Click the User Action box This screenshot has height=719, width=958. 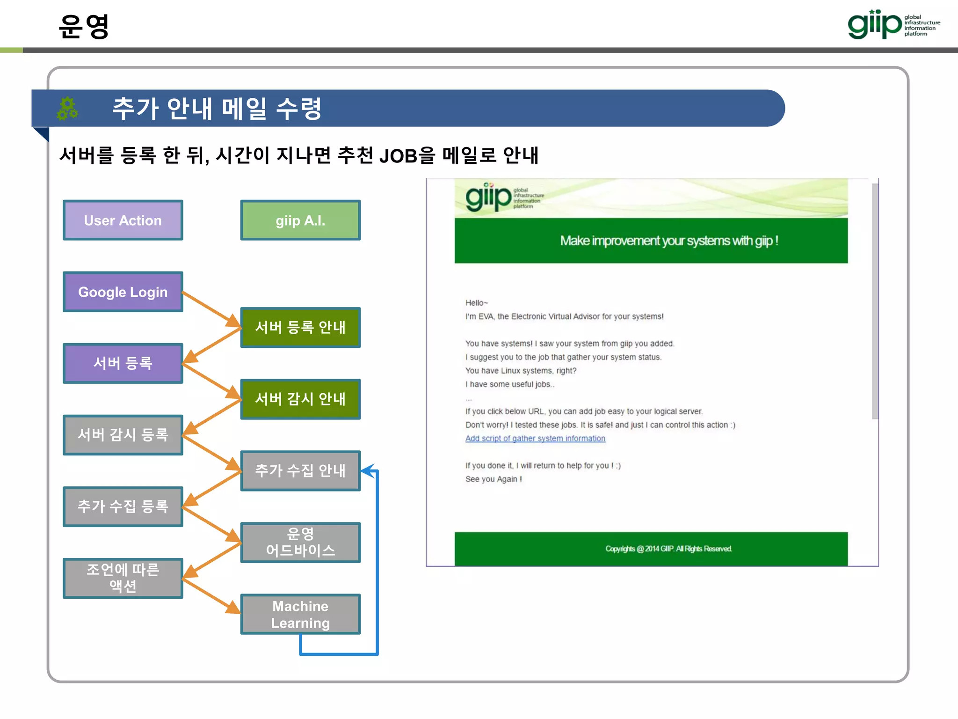[x=123, y=220]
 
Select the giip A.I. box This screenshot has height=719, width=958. [x=300, y=220]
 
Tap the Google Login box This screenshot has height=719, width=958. [x=123, y=292]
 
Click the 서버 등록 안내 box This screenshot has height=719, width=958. [x=300, y=327]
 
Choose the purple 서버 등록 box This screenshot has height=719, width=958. [x=123, y=363]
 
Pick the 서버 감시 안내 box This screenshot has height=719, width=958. [x=300, y=399]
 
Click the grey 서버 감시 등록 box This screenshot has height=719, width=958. [x=123, y=435]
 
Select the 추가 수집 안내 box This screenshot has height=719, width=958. [x=300, y=470]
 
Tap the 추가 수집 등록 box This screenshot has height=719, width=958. [x=123, y=506]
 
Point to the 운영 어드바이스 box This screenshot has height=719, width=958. [x=300, y=542]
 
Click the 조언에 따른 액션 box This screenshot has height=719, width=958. [x=123, y=578]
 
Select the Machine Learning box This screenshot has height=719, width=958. [x=300, y=614]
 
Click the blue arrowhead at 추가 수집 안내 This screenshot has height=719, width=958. [x=368, y=470]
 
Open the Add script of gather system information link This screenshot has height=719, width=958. [x=535, y=439]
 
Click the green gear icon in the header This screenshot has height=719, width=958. [x=67, y=109]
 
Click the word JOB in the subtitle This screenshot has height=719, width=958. [x=398, y=156]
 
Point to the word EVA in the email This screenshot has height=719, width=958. [x=486, y=316]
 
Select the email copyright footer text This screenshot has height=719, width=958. [x=668, y=549]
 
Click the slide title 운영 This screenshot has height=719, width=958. [x=84, y=26]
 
